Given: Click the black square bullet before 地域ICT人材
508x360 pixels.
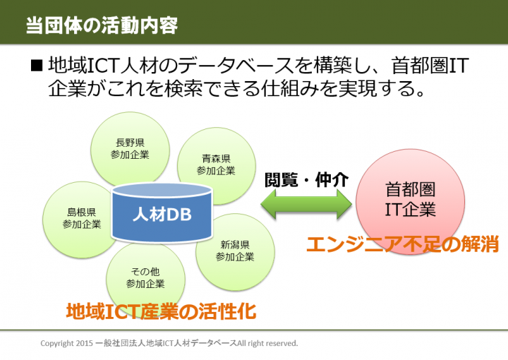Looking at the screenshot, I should coord(37,66).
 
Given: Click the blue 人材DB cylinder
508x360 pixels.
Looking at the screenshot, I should coord(162,211).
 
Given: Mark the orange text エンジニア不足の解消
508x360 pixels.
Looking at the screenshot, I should coord(402,244).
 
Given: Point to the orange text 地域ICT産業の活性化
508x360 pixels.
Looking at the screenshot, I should coord(161,311).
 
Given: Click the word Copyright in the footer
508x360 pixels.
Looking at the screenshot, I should coord(57,343).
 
